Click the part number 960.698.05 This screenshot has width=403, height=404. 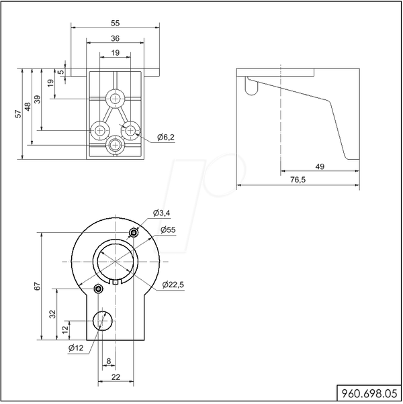369,393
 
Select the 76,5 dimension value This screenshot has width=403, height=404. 298,180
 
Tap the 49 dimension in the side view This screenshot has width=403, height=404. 320,166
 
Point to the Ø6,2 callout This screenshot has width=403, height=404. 166,138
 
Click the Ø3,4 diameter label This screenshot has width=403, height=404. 161,213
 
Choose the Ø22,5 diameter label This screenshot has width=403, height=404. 173,285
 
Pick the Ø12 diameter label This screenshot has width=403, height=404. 76,348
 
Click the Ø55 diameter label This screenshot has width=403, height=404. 168,230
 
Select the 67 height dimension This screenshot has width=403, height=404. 38,287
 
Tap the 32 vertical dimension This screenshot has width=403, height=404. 52,314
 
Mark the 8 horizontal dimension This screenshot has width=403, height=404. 109,361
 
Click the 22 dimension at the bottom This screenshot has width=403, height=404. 116,377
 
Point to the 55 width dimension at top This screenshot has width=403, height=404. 116,23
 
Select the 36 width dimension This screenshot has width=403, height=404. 116,38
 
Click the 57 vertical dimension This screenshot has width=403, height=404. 17,114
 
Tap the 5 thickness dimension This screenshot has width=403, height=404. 61,72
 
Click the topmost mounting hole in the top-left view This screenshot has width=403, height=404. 116,99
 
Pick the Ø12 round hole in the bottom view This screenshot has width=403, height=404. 103,321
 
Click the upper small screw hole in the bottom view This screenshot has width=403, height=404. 134,233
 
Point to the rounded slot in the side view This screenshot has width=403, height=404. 251,86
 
